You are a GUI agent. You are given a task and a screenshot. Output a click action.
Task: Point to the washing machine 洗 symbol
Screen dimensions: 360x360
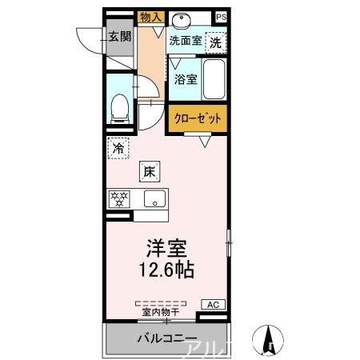click(x=215, y=43)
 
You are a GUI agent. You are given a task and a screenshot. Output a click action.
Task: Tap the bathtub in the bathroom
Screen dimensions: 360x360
click(x=213, y=79)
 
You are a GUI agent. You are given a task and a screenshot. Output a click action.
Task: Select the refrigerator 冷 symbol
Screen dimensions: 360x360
click(x=118, y=148)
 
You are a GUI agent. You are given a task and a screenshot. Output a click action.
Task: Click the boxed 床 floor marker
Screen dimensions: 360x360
click(x=149, y=170)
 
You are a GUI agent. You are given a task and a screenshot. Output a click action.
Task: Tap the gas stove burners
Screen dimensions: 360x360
click(x=119, y=198)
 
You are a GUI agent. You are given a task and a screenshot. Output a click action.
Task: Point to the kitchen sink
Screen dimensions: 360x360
click(x=154, y=198)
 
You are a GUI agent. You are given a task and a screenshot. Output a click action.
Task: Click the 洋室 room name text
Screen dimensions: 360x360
click(x=166, y=248)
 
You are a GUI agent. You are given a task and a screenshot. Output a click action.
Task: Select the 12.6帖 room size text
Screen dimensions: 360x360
click(x=166, y=270)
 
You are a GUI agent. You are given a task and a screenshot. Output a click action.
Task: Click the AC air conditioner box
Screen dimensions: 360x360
click(x=213, y=305)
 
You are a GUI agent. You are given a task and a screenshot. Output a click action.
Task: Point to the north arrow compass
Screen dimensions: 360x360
click(x=270, y=339)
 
